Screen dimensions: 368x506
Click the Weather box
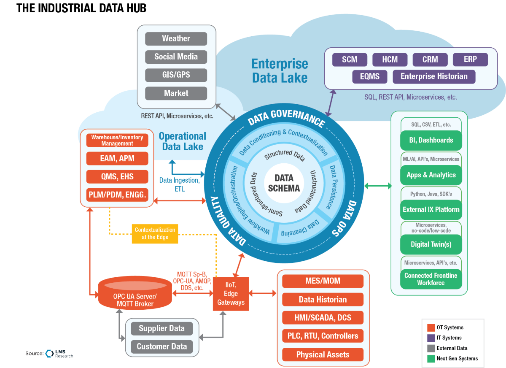[x=176, y=38]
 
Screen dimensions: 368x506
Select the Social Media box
[x=176, y=57]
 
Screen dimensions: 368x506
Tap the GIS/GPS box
[x=176, y=75]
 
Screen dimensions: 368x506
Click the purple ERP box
[x=470, y=60]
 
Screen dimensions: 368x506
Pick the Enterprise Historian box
[x=434, y=76]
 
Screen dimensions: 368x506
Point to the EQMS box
[x=370, y=76]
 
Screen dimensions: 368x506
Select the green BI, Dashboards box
[x=431, y=140]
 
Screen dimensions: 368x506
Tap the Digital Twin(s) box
[x=431, y=244]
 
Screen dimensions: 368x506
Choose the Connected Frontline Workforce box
[x=431, y=279]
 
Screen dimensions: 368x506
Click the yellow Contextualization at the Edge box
[x=155, y=233]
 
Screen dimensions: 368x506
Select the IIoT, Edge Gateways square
[x=231, y=294]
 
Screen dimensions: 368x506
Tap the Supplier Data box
[x=161, y=328]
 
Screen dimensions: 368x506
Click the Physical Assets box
[x=323, y=354]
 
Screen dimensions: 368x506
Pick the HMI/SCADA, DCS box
[x=323, y=318]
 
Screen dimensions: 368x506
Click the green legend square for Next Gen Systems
[x=431, y=358]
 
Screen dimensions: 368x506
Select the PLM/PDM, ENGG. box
[x=117, y=195]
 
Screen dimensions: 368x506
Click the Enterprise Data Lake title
[x=280, y=70]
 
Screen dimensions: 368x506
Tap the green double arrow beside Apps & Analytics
[x=377, y=186]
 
